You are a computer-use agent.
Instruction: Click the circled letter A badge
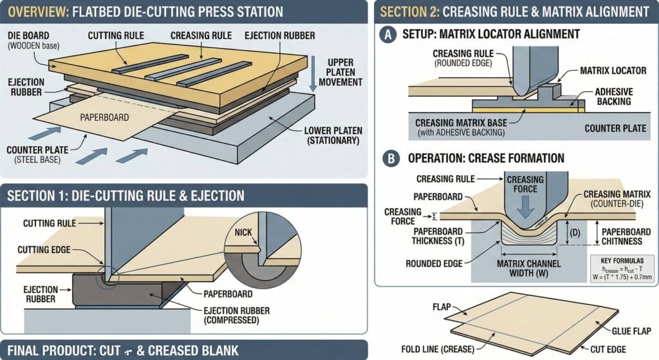coord(388,34)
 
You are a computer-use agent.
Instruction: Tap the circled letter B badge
coord(388,158)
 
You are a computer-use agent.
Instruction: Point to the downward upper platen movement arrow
coord(313,75)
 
